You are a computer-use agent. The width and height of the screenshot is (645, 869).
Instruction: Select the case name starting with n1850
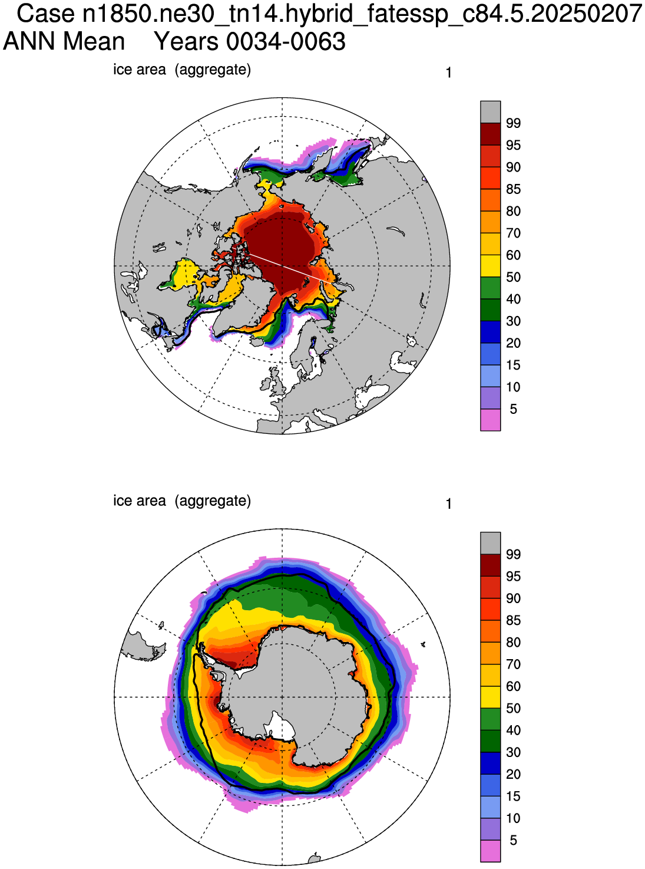point(362,14)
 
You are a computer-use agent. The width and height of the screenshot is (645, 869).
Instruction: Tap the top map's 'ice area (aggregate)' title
point(181,70)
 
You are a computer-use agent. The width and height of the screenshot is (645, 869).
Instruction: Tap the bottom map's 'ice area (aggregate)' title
point(181,501)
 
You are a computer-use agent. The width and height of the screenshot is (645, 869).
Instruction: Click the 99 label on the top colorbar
point(513,123)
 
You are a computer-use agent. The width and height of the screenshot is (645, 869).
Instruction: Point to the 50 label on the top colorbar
point(513,277)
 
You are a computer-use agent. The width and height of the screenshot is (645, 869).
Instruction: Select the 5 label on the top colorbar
point(513,409)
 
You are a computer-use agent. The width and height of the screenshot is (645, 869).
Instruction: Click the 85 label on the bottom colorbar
point(513,620)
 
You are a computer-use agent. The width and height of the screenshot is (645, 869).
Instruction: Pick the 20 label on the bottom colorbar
point(513,774)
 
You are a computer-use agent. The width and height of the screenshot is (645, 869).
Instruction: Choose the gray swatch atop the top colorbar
point(490,112)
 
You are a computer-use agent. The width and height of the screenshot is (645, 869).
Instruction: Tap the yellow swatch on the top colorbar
point(490,266)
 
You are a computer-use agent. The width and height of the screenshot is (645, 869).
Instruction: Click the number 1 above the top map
point(449,73)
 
